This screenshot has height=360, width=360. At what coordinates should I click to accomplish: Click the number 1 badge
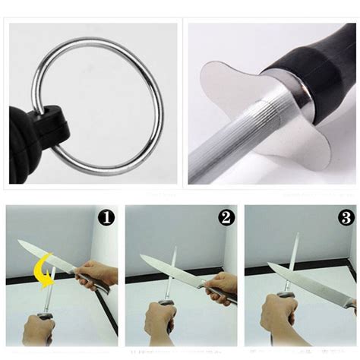coord(107,218)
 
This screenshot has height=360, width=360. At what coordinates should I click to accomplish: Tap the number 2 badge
coord(226,218)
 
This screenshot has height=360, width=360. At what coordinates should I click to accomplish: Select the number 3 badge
coord(346,218)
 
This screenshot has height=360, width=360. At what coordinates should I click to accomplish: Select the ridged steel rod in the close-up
coord(228,148)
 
